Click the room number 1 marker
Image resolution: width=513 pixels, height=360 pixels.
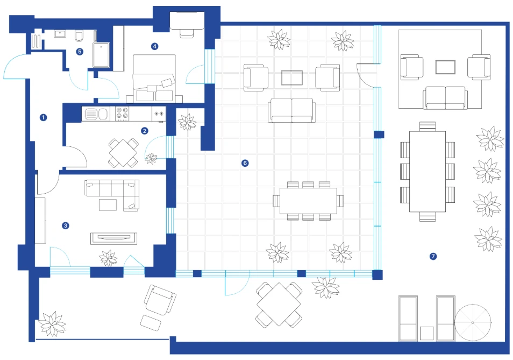pyautogui.click(x=43, y=117)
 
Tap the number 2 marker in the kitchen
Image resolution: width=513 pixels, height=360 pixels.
pyautogui.click(x=144, y=131)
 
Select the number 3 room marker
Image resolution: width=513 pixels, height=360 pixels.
pyautogui.click(x=66, y=225)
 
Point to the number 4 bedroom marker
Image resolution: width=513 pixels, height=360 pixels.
pyautogui.click(x=154, y=46)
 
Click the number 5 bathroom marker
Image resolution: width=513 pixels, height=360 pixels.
pyautogui.click(x=80, y=51)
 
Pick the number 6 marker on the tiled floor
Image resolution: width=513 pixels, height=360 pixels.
pyautogui.click(x=245, y=163)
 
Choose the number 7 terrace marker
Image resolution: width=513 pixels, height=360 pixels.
pyautogui.click(x=433, y=256)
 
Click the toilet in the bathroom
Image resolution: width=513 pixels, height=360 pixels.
pyautogui.click(x=79, y=36)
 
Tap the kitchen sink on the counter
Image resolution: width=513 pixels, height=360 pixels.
pyautogui.click(x=96, y=114)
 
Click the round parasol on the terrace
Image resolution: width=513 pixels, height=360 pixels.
pyautogui.click(x=473, y=323)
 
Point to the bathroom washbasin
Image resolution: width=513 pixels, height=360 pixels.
pyautogui.click(x=60, y=34)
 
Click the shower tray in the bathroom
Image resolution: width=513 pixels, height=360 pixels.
pyautogui.click(x=101, y=54)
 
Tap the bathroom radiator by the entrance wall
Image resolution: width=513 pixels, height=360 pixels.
pyautogui.click(x=37, y=41)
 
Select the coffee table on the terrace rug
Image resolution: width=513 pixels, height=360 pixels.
pyautogui.click(x=445, y=67)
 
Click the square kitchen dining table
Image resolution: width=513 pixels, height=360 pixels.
pyautogui.click(x=123, y=153)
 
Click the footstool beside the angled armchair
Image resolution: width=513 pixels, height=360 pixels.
pyautogui.click(x=151, y=323)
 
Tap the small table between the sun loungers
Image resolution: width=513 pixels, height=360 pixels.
pyautogui.click(x=427, y=334)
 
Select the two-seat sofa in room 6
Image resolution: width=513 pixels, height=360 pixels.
pyautogui.click(x=292, y=110)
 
